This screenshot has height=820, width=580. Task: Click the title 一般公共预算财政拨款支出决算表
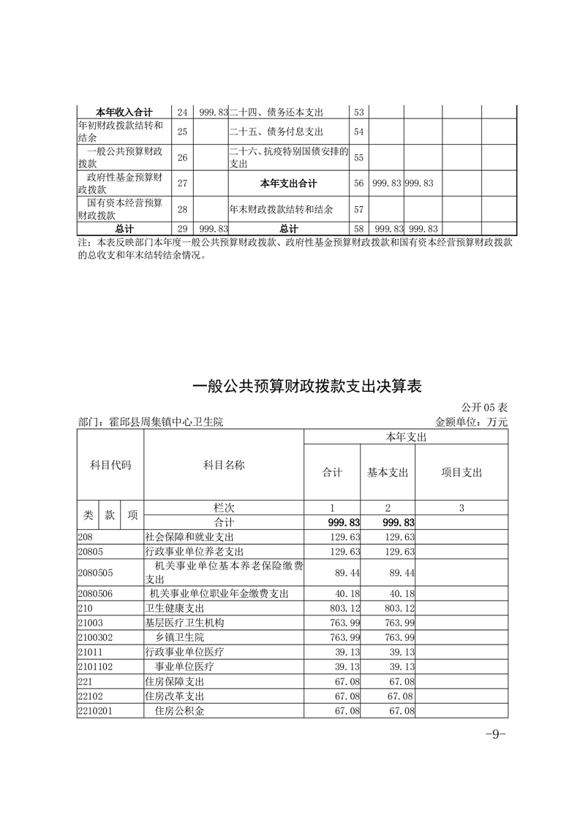[x=307, y=387]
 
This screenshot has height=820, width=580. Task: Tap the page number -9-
[x=496, y=734]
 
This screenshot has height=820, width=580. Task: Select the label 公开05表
[x=484, y=407]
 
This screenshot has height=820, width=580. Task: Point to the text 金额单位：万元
[x=471, y=422]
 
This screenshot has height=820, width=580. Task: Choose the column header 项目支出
[x=462, y=472]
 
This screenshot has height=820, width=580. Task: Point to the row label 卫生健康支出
[x=175, y=608]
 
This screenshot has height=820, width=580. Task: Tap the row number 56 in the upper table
[x=358, y=183]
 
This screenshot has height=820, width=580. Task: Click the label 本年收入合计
[x=124, y=112]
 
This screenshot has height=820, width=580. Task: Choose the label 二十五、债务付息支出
[x=276, y=132]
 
